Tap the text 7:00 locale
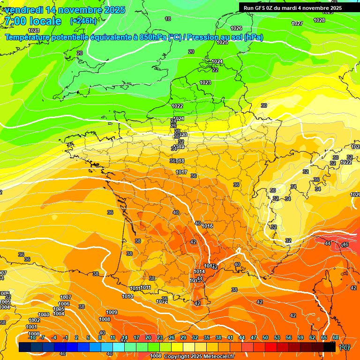(33, 21)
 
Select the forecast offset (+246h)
(83, 21)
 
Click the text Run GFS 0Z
(262, 8)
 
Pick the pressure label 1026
(236, 29)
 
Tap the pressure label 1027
(297, 23)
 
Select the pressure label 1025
(222, 43)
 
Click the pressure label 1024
(217, 61)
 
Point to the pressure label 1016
(208, 226)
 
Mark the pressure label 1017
(181, 172)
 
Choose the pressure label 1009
(112, 312)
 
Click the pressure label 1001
(31, 327)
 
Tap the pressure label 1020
(355, 195)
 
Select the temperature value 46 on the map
(345, 245)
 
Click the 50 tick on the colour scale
(265, 337)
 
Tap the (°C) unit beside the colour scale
(345, 347)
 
